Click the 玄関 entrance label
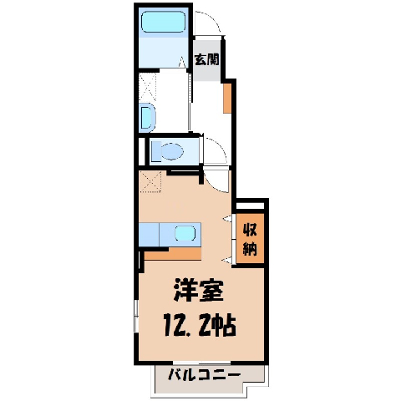click(x=206, y=59)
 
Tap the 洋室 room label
click(x=198, y=290)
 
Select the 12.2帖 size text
click(x=200, y=326)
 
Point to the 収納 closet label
click(x=250, y=239)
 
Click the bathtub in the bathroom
click(x=163, y=22)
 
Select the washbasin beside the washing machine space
click(x=147, y=118)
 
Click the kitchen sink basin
click(x=185, y=233)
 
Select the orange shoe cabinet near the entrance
click(x=227, y=99)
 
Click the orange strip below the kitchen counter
click(x=173, y=254)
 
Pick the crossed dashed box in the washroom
click(x=147, y=87)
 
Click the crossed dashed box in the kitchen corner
click(x=150, y=182)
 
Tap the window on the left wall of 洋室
click(x=136, y=316)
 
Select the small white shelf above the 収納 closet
click(x=250, y=206)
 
